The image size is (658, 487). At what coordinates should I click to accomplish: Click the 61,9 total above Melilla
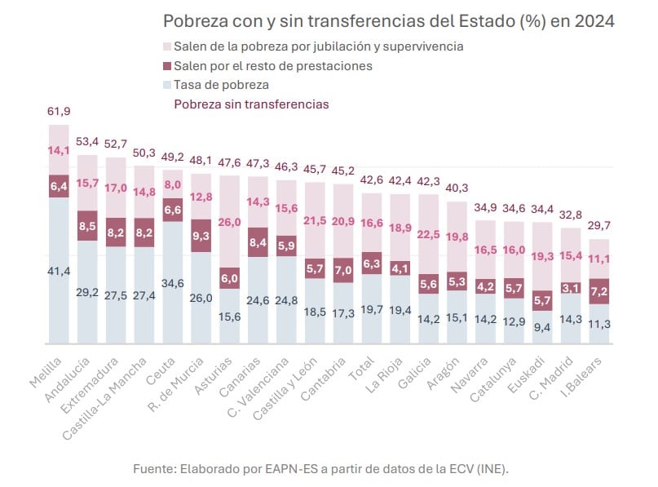60,111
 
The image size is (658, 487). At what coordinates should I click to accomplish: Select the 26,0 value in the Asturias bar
231,223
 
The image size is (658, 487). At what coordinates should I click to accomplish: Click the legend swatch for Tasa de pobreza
167,85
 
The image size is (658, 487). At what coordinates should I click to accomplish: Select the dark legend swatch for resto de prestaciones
167,66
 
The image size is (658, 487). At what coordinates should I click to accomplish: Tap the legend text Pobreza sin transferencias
251,104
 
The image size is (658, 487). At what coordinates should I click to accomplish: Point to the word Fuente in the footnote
155,468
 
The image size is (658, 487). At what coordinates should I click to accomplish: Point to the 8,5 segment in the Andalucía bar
88,226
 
